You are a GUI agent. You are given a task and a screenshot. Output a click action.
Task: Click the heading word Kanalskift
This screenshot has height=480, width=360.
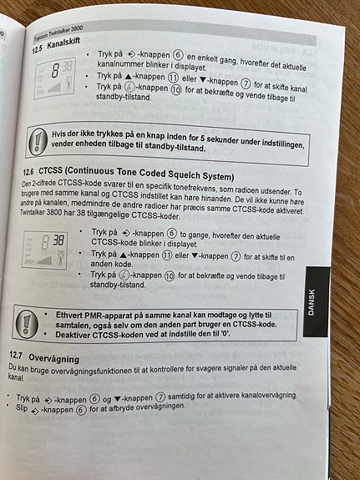pos(63,44)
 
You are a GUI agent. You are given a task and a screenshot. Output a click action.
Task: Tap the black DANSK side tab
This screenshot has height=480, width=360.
pos(317,302)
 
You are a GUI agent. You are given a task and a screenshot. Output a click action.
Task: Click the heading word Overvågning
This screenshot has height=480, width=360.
pos(54,358)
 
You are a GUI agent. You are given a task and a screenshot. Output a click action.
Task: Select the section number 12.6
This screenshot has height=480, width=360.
pos(29,172)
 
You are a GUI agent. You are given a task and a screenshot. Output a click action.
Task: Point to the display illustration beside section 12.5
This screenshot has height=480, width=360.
pos(55,78)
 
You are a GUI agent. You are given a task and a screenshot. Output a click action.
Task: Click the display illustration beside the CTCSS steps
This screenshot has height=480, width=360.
pos(45,250)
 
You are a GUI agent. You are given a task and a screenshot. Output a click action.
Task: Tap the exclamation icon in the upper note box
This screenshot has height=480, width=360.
pos(38,142)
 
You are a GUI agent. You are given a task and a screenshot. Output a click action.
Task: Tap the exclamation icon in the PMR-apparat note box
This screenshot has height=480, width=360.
pos(27,323)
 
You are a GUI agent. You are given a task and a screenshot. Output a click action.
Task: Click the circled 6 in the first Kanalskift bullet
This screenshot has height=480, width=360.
pos(178,55)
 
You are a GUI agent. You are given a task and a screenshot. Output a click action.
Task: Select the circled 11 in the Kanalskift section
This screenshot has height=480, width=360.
pos(173,77)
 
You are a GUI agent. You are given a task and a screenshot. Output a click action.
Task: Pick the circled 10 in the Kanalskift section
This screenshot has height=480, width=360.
pos(176,90)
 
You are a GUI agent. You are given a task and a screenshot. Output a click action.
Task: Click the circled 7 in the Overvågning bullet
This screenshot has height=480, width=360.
pos(160,397)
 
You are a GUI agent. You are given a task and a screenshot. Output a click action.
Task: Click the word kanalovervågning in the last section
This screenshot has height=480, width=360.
pos(269,395)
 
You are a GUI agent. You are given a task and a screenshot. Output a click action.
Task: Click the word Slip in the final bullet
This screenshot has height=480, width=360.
pos(22,407)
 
